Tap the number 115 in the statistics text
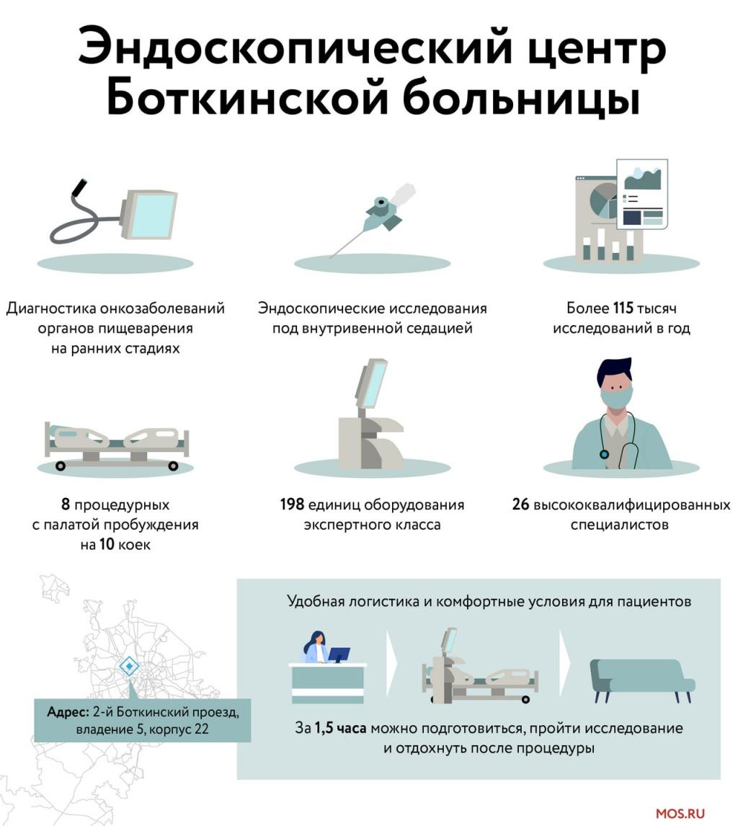[623, 308]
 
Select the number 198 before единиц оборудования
[294, 505]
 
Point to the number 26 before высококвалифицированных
[520, 505]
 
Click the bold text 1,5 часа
[340, 728]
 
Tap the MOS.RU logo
[680, 813]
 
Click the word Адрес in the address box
[68, 711]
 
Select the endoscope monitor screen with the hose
[151, 214]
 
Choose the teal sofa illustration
[642, 679]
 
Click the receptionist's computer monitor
[339, 654]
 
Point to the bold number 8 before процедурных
[66, 505]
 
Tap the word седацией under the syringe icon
[440, 329]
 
